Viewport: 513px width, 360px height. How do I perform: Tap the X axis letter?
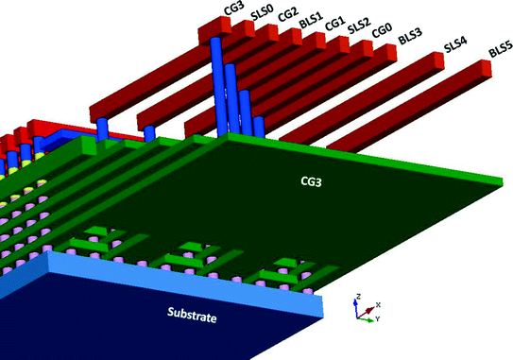(x=378, y=304)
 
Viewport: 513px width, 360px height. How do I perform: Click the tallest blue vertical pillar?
(x=216, y=85)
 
